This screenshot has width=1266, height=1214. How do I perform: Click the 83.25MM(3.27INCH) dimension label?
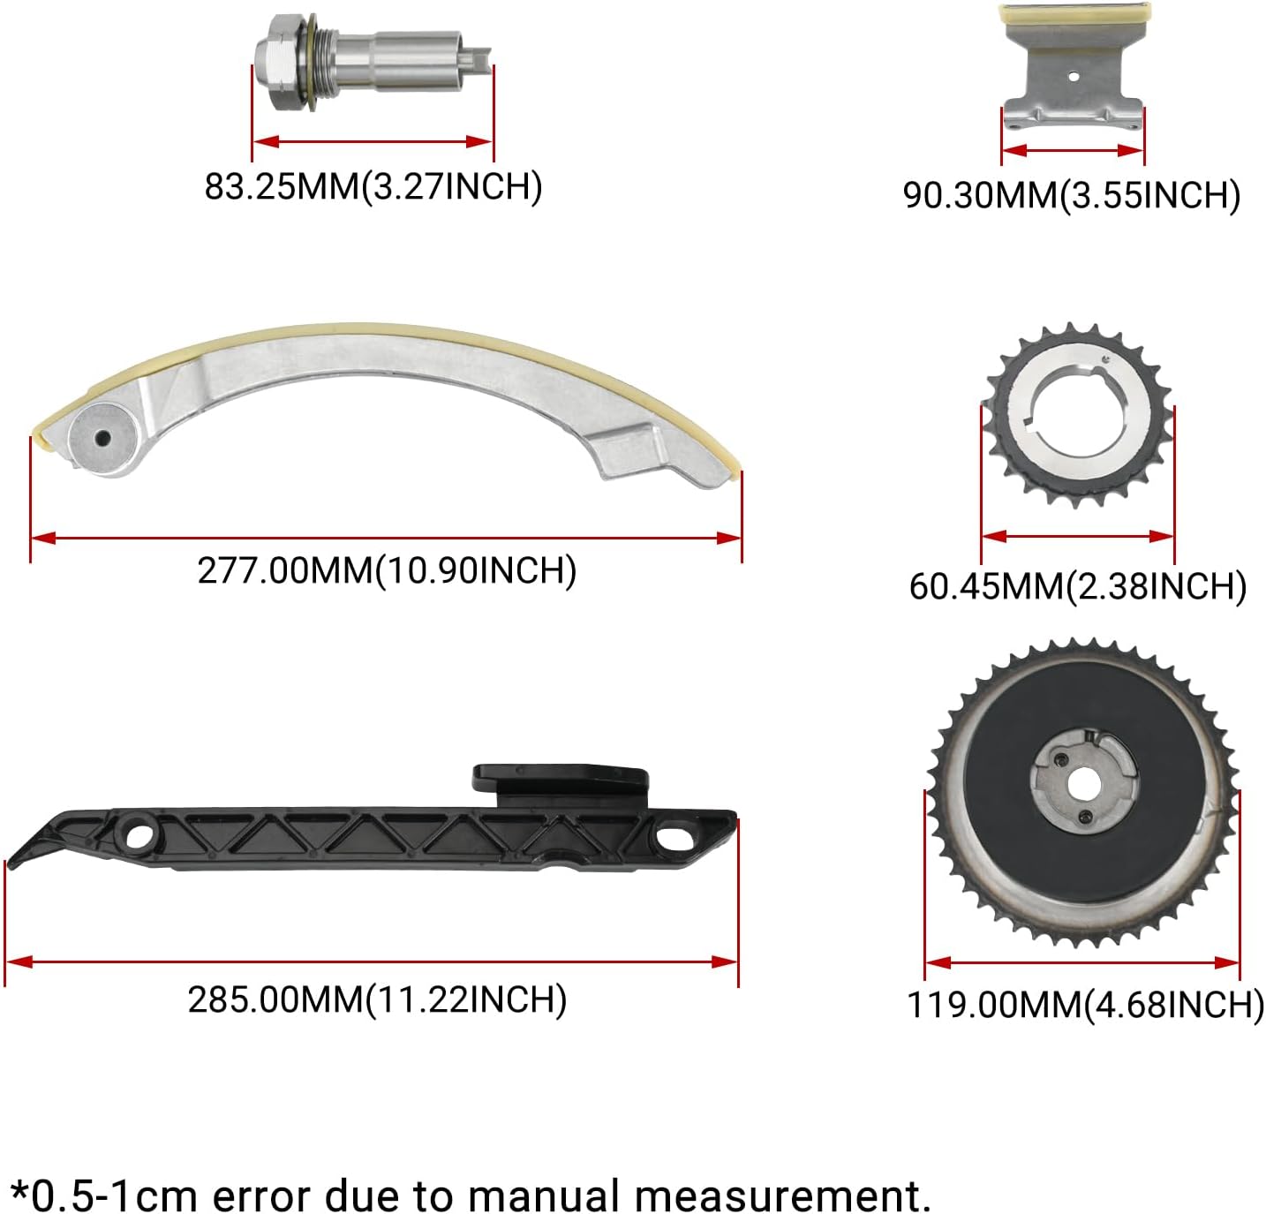point(373,186)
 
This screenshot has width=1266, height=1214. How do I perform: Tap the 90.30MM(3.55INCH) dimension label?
point(1072,194)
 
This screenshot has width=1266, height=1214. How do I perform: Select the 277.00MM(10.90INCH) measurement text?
point(387,570)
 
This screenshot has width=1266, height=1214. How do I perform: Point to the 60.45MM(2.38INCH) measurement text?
point(1078,585)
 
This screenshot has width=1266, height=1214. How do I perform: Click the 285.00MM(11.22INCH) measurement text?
point(377,1000)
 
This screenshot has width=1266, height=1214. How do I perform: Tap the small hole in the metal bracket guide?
point(1074,77)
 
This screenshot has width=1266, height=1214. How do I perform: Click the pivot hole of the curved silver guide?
point(102,438)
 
